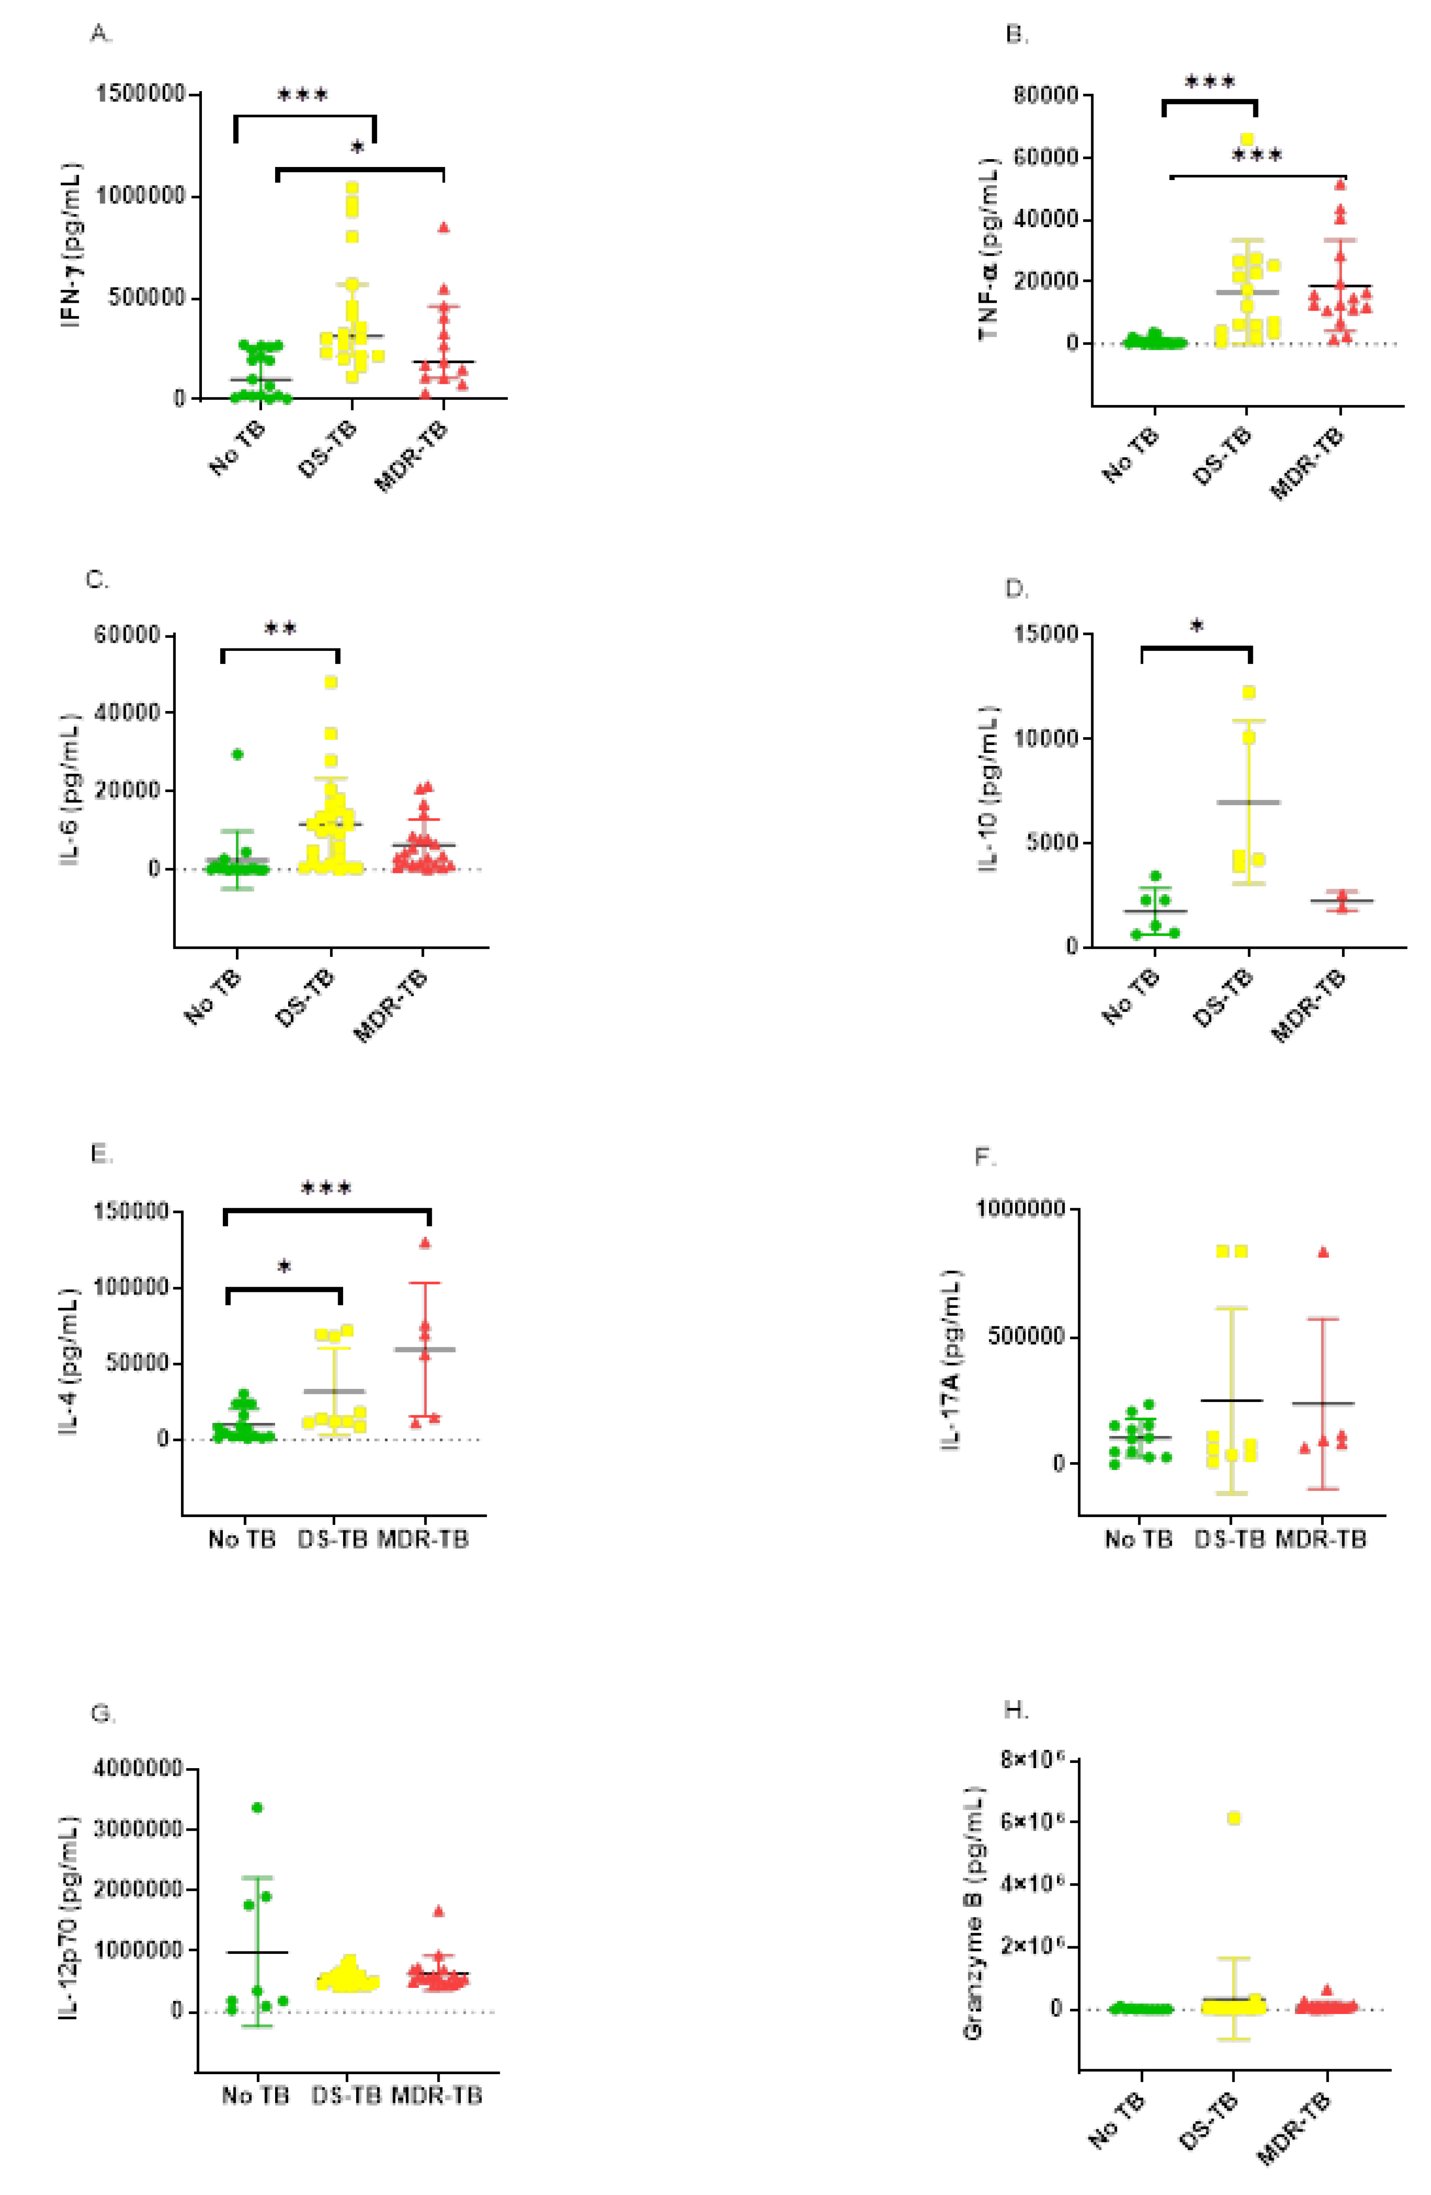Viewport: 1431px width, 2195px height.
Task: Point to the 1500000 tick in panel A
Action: point(140,94)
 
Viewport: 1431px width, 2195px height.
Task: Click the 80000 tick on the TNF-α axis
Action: point(1045,95)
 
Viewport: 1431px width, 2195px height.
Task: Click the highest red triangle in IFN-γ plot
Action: point(443,227)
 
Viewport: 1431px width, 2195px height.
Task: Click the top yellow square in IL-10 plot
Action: point(1248,693)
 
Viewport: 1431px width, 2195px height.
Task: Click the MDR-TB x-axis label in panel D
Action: point(1309,1007)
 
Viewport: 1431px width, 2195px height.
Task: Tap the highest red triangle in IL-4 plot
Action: point(425,1242)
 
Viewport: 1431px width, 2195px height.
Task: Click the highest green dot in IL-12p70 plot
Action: point(257,1808)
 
